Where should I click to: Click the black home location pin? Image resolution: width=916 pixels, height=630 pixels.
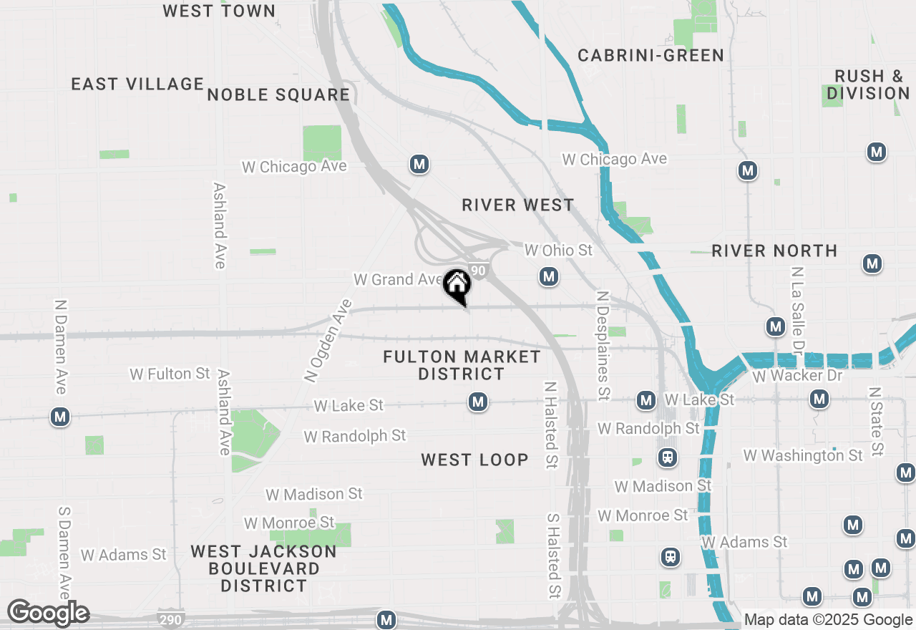click(457, 286)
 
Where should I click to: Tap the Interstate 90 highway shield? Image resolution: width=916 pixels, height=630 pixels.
click(479, 271)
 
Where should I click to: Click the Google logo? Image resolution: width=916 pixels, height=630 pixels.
click(48, 613)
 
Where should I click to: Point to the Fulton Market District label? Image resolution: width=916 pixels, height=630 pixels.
click(462, 365)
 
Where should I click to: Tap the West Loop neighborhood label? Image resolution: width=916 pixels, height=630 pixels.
click(474, 460)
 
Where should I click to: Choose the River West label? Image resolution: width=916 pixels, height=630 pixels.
click(517, 205)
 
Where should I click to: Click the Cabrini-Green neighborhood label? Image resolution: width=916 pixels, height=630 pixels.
click(651, 55)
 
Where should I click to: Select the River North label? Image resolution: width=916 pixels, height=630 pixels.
click(774, 251)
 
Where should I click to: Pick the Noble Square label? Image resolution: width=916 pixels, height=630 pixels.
click(278, 94)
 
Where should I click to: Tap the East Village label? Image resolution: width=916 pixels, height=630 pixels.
click(137, 84)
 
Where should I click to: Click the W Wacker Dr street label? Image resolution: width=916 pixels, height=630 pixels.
click(798, 375)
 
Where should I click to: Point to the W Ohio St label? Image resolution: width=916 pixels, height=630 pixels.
click(559, 250)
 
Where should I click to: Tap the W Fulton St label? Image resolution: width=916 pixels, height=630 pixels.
click(170, 374)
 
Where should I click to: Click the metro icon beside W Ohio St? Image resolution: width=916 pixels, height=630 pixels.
click(549, 276)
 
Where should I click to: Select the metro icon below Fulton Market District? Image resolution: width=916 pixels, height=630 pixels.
click(478, 402)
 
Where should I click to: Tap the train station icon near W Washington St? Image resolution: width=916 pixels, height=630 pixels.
click(668, 457)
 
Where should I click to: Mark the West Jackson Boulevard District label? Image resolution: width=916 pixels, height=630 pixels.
click(263, 568)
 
